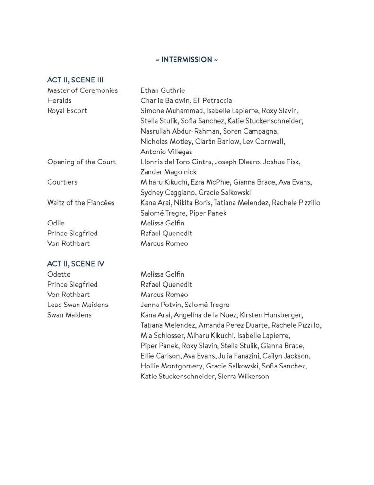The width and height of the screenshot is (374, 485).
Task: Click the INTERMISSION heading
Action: [x=187, y=60]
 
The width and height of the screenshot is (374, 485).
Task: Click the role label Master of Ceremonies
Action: [x=83, y=90]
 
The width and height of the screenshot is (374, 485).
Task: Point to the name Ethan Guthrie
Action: [x=163, y=90]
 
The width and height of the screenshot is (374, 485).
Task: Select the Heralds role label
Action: [x=59, y=100]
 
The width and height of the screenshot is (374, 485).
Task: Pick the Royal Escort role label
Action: [x=67, y=111]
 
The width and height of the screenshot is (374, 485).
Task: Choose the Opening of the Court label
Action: [x=81, y=162]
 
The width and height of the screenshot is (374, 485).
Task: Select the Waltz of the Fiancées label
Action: [x=81, y=203]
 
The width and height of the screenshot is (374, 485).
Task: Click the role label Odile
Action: [x=56, y=223]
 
